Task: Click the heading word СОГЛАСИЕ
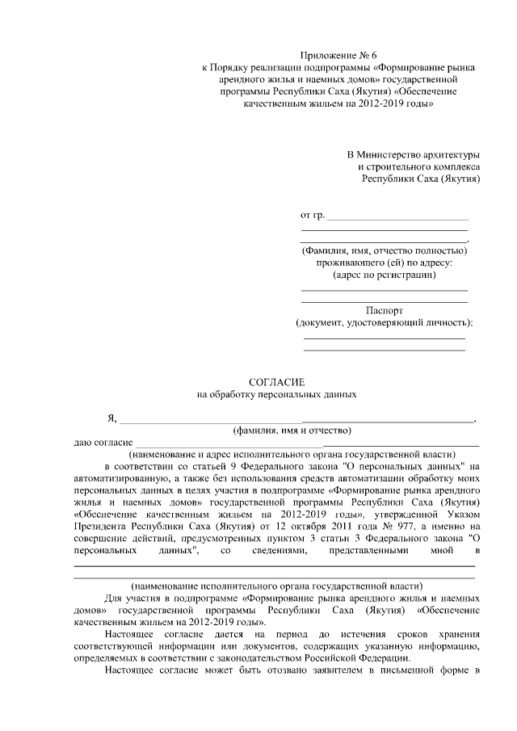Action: pos(277,381)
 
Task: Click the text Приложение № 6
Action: pos(332,54)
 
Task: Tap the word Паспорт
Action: pos(384,310)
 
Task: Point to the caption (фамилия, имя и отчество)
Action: pos(288,431)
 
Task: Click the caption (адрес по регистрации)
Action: pos(384,275)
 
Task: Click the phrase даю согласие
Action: pos(103,443)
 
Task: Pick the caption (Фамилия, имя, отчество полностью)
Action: pos(384,250)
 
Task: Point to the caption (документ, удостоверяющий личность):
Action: pos(384,323)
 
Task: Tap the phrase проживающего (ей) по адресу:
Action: pos(384,263)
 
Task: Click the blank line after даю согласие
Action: pos(307,444)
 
